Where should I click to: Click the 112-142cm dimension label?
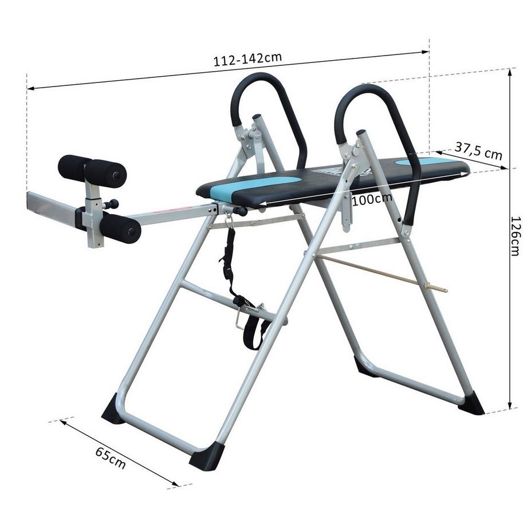tap(247, 59)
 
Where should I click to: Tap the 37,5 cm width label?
tap(478, 151)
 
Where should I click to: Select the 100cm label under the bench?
tap(371, 198)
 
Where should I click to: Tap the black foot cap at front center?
tap(206, 457)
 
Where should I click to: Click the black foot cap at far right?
tap(471, 404)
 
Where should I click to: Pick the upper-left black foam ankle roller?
tap(74, 167)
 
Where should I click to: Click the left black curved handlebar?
tap(269, 109)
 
